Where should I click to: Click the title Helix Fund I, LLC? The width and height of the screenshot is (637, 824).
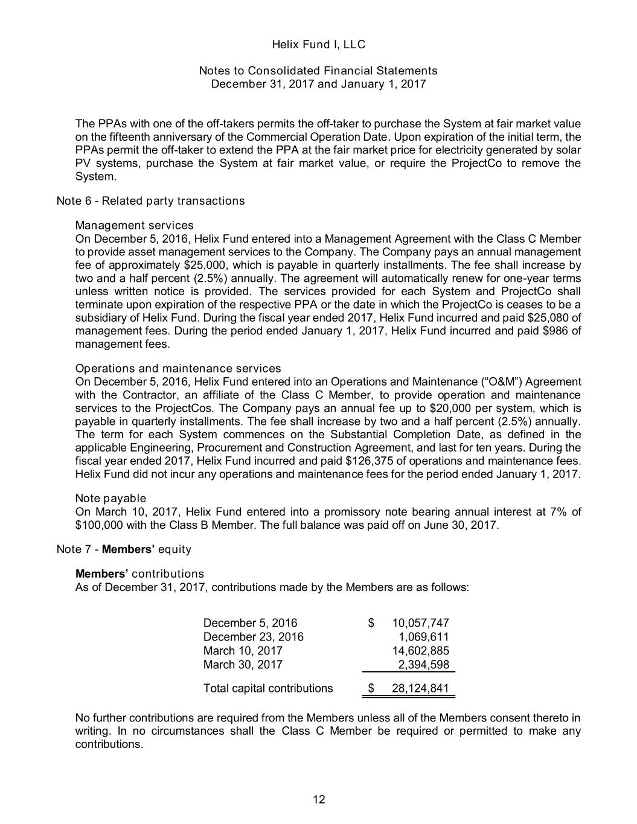[x=318, y=45]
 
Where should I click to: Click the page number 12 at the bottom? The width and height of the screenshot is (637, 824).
[x=318, y=800]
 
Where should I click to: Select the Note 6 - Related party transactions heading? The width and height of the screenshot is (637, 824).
[x=150, y=201]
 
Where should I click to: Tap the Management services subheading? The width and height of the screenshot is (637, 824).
[x=134, y=226]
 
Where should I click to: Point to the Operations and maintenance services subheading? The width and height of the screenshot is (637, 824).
[x=178, y=368]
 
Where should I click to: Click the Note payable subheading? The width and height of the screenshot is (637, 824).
[x=110, y=498]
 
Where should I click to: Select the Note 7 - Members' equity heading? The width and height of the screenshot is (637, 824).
[x=124, y=549]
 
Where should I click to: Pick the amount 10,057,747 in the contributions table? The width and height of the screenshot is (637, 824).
[x=420, y=623]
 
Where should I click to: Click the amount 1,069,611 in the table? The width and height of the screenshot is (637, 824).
[x=423, y=636]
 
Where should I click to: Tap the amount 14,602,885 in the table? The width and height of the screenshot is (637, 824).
[x=420, y=650]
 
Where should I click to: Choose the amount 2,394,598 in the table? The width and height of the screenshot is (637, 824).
[x=423, y=664]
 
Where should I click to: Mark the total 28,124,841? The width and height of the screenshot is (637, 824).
[x=420, y=689]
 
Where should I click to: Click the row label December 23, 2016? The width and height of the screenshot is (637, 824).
[x=253, y=636]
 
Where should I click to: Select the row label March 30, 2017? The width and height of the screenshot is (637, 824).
[x=243, y=664]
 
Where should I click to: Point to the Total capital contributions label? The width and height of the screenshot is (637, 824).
[x=268, y=689]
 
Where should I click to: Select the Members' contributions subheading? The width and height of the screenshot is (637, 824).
[x=139, y=573]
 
